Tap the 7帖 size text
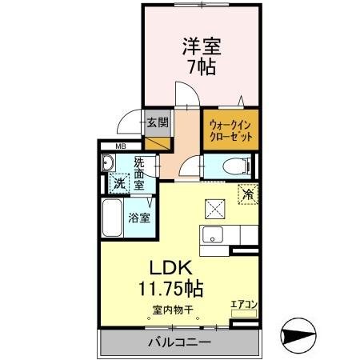pyautogui.click(x=202, y=67)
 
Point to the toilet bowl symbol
pyautogui.click(x=231, y=166)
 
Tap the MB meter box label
pyautogui.click(x=121, y=146)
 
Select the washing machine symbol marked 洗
pyautogui.click(x=118, y=182)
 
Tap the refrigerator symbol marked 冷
pyautogui.click(x=250, y=194)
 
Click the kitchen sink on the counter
pyautogui.click(x=213, y=234)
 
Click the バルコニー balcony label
pyautogui.click(x=178, y=342)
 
